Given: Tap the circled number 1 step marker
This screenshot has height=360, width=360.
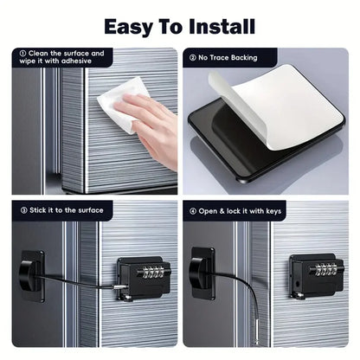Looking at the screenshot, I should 21,54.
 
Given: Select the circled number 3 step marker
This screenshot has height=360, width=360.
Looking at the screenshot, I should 21,210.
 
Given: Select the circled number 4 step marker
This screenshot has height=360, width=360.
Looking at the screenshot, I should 193,210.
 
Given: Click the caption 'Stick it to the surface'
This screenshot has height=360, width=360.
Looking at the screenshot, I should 65,210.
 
